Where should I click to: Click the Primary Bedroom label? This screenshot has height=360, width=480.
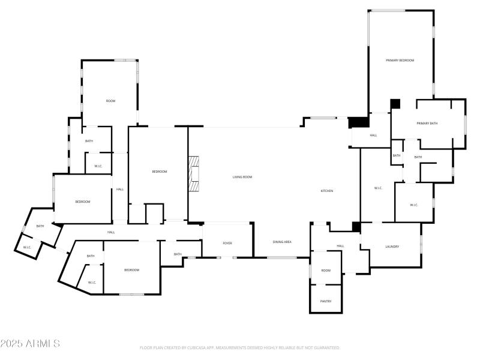pyautogui.click(x=400, y=61)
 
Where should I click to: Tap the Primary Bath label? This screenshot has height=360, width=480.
pyautogui.click(x=427, y=124)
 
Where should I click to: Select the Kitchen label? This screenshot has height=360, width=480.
pyautogui.click(x=326, y=191)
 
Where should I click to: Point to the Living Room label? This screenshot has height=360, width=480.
pyautogui.click(x=242, y=177)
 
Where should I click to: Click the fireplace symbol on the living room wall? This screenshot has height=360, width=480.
pyautogui.click(x=193, y=175)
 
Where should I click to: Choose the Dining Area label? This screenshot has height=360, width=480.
pyautogui.click(x=282, y=242)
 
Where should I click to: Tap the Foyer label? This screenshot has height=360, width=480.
pyautogui.click(x=227, y=243)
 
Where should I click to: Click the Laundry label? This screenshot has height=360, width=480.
pyautogui.click(x=392, y=247)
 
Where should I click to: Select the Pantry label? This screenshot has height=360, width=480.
pyautogui.click(x=326, y=301)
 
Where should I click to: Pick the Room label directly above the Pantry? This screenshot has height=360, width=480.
pyautogui.click(x=326, y=271)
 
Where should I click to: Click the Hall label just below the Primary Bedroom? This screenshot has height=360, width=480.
pyautogui.click(x=373, y=136)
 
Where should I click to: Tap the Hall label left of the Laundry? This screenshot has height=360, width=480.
pyautogui.click(x=340, y=246)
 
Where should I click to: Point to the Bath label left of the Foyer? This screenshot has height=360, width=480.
pyautogui.click(x=178, y=254)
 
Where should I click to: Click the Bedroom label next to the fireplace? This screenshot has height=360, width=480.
pyautogui.click(x=159, y=172)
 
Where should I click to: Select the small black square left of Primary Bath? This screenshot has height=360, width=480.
pyautogui.click(x=395, y=104)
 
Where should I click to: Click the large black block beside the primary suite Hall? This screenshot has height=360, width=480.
pyautogui.click(x=359, y=122)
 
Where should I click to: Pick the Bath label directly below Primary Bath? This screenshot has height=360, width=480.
pyautogui.click(x=418, y=158)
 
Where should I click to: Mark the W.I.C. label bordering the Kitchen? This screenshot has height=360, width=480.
pyautogui.click(x=378, y=188)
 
